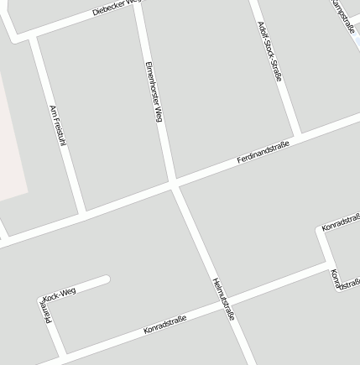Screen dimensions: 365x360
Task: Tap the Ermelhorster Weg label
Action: [x=154, y=92]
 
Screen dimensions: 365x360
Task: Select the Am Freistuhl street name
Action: [x=57, y=127]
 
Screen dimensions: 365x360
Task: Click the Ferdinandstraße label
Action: [x=263, y=152]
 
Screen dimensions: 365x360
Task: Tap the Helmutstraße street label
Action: [x=223, y=299]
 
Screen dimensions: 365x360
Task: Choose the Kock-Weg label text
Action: [x=59, y=293]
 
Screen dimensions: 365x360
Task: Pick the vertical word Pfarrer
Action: [x=47, y=315]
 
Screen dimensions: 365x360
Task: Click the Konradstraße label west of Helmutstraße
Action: [x=164, y=324]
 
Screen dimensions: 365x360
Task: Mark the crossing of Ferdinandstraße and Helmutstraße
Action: [x=175, y=184]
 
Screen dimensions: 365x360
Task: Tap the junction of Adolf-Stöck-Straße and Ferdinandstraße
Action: [x=297, y=135]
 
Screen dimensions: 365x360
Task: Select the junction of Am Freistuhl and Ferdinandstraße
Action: [x=81, y=211]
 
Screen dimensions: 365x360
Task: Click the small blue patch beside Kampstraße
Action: [x=357, y=41]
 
